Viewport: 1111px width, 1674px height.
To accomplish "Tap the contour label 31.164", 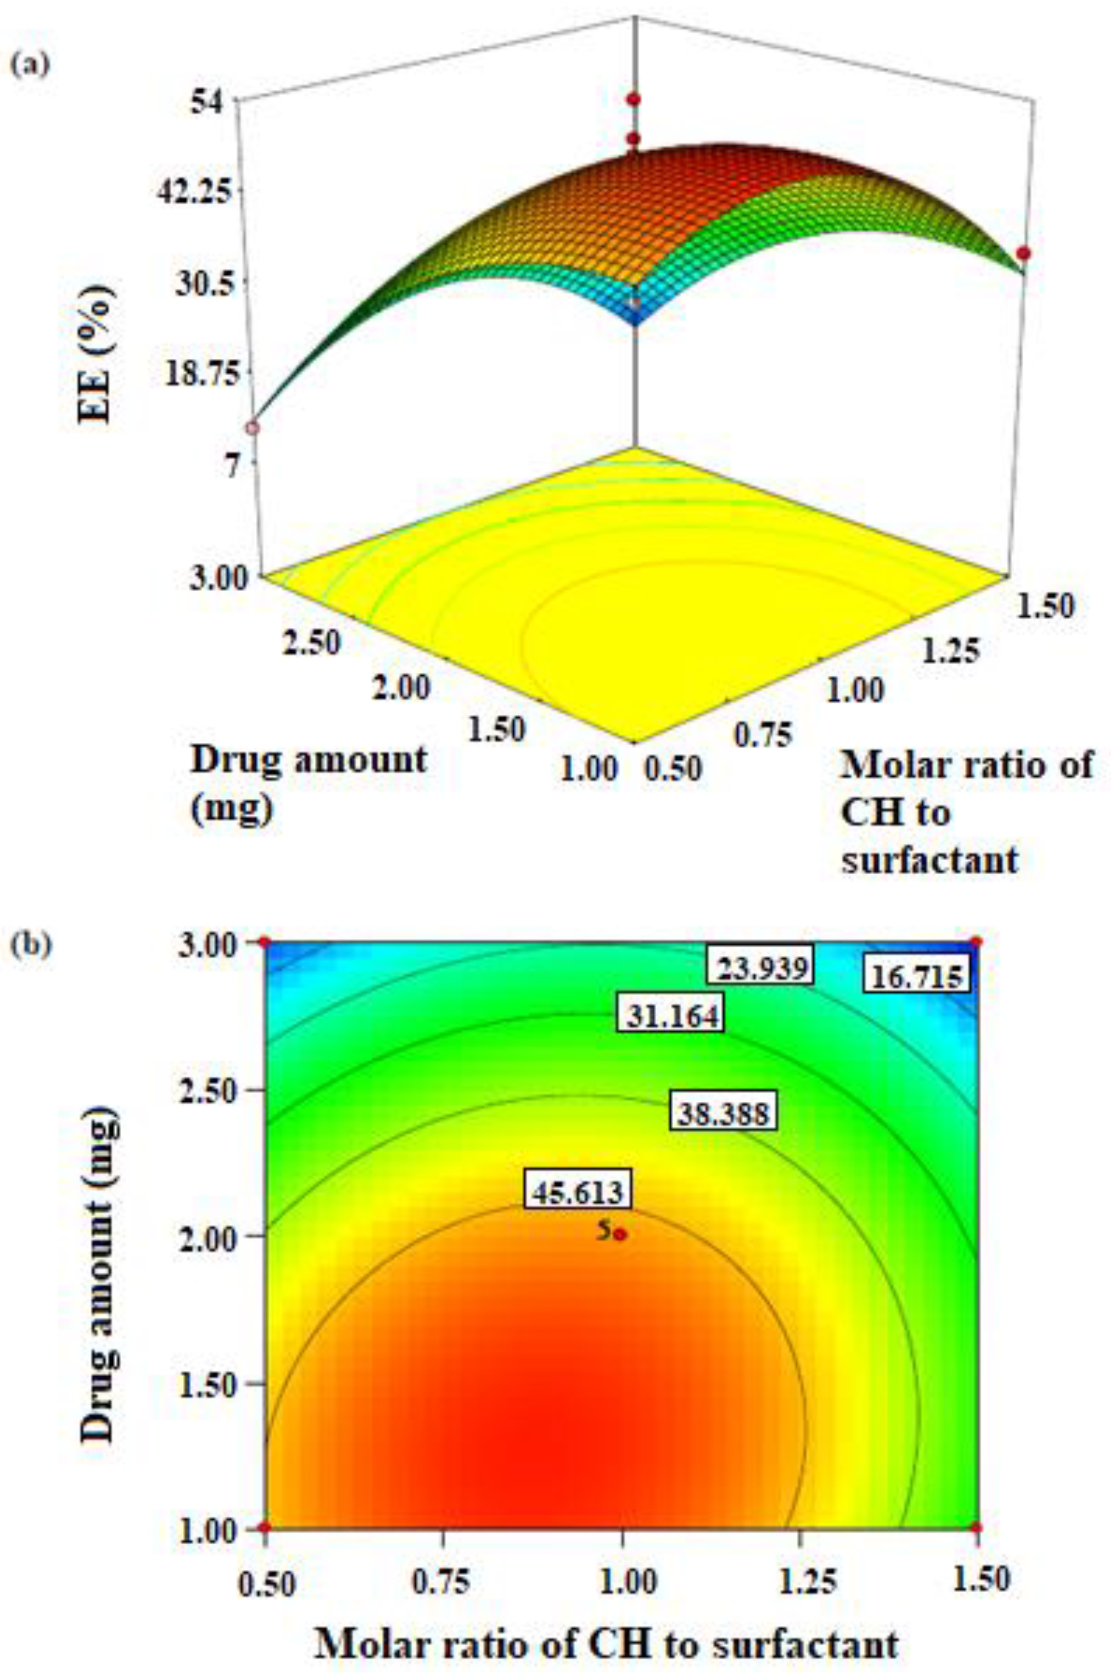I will pyautogui.click(x=670, y=1016).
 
